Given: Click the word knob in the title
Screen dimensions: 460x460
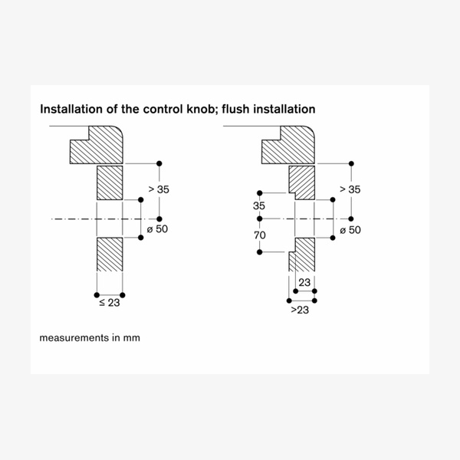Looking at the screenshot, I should point(198,110).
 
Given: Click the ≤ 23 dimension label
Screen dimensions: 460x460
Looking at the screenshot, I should point(109,303).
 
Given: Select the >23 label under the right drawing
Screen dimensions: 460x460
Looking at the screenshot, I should point(300,309).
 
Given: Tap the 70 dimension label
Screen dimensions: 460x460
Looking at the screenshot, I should point(260,235).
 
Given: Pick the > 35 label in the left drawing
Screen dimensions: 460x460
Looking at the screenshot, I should point(157,189).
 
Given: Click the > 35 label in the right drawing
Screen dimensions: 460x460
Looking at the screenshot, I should point(350,189).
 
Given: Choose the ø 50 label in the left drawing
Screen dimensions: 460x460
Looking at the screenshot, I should point(156,229).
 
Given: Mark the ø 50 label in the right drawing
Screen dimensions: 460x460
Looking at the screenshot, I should point(349,229).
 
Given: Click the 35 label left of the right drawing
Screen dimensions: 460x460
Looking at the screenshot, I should point(258,206).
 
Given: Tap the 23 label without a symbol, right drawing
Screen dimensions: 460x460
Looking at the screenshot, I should point(305,283).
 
